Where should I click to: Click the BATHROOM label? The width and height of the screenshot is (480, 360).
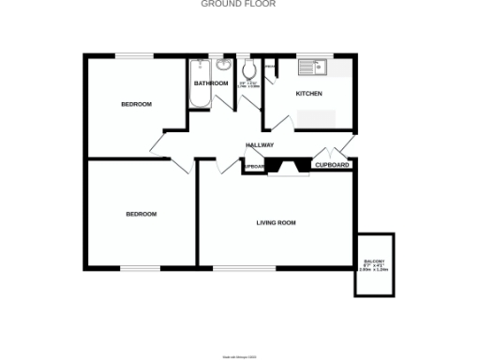(211, 83)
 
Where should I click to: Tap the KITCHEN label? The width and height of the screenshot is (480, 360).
(309, 94)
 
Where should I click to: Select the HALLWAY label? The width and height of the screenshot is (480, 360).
(260, 145)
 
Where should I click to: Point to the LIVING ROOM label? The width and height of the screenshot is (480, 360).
(277, 222)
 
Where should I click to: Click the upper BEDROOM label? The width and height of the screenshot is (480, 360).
(136, 103)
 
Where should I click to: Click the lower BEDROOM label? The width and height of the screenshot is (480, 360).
(142, 214)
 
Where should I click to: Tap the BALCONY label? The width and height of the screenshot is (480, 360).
(374, 264)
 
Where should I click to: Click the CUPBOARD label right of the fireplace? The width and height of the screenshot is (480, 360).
(332, 165)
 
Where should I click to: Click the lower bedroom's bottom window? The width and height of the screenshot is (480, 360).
(141, 269)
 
